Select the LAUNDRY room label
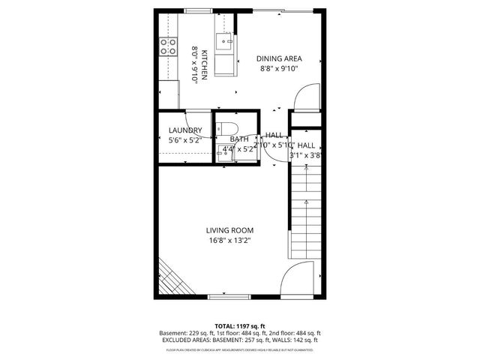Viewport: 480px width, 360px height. point(185,130)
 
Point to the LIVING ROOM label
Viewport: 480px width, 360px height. point(230,230)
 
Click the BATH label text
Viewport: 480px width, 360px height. point(239,139)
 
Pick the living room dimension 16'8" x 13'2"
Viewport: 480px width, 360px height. point(230,241)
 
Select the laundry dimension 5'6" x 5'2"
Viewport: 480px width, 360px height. point(185,140)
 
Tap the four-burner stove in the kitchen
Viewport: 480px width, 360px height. point(166,49)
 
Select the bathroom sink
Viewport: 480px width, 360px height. point(226,151)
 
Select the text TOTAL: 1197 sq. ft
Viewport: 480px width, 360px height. point(239,325)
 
